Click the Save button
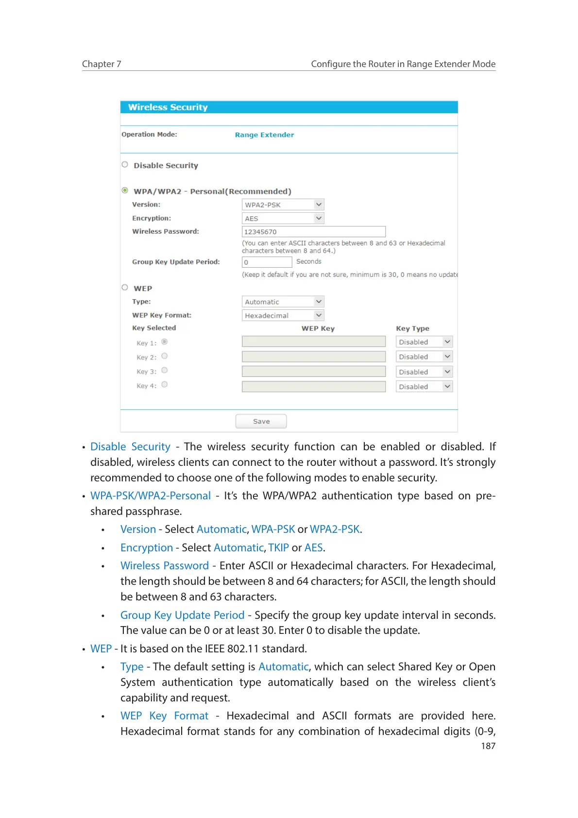click(x=261, y=421)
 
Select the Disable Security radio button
click(x=125, y=165)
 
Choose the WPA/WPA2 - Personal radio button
click(x=125, y=190)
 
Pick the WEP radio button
click(x=125, y=288)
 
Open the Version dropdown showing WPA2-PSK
click(x=283, y=204)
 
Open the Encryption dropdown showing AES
click(x=283, y=218)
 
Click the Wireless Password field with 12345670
click(x=313, y=232)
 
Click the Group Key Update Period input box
click(x=267, y=262)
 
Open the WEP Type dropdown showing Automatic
click(x=283, y=302)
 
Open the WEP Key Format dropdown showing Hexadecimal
click(x=283, y=315)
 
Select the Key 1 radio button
click(x=165, y=342)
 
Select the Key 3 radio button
click(x=165, y=371)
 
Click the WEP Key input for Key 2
click(x=313, y=357)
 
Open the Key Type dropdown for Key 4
click(x=424, y=387)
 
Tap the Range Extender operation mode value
click(x=264, y=135)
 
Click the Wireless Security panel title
click(x=168, y=107)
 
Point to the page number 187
click(x=488, y=746)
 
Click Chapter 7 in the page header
click(x=102, y=64)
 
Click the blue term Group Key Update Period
click(x=182, y=615)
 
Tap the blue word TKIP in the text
click(x=278, y=548)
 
